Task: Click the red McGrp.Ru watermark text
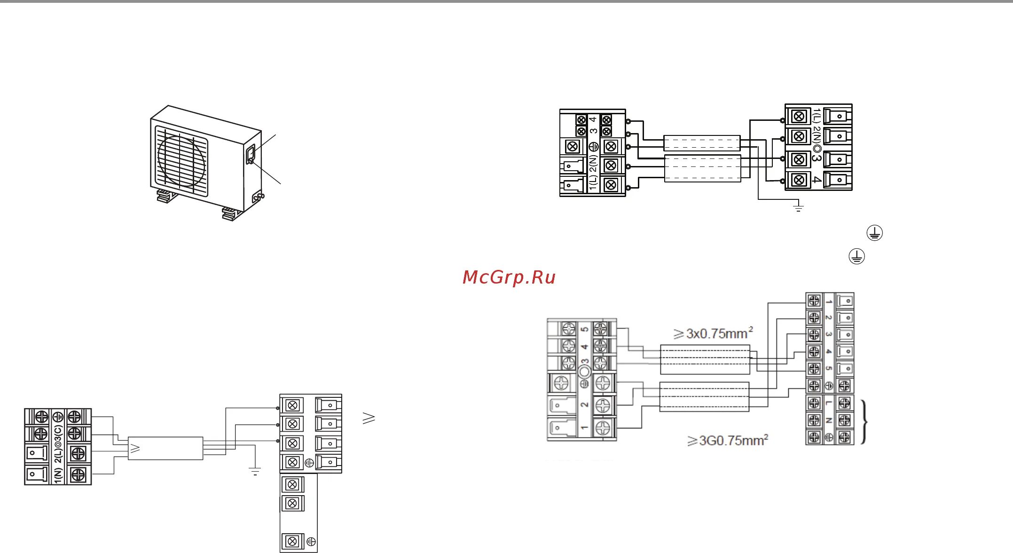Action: [509, 277]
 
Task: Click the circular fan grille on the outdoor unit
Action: [181, 161]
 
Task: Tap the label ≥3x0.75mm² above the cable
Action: [713, 333]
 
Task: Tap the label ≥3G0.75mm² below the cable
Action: [727, 441]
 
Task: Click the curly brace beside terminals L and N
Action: [864, 422]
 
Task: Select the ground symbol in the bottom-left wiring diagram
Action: [255, 472]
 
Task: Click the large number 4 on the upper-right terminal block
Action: [817, 180]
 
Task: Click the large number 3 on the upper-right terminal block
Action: [817, 159]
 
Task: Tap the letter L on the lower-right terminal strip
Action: [828, 403]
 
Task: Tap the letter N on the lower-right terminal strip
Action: [828, 420]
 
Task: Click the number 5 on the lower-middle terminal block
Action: [585, 329]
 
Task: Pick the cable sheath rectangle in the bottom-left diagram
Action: [165, 449]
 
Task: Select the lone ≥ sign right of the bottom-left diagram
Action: [369, 418]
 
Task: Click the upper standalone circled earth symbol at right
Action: [874, 233]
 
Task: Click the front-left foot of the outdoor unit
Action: [166, 196]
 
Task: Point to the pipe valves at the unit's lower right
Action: [258, 197]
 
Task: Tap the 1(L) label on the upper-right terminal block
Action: [817, 116]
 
